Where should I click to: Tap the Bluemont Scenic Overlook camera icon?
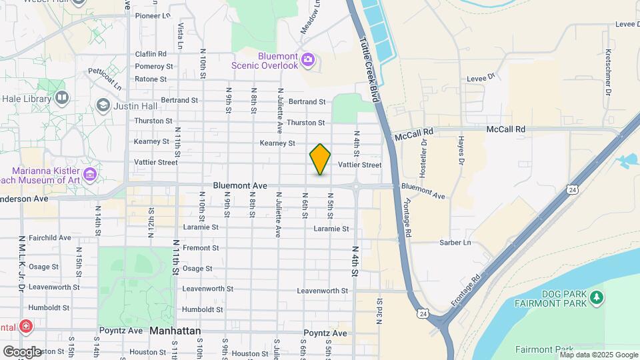coord(307,60)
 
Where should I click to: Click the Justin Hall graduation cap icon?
coord(103,105)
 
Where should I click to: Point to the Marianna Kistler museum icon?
coord(90,175)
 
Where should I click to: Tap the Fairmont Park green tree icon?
coord(597,295)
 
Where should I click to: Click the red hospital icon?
coord(25,327)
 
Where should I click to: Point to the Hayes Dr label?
coord(460,150)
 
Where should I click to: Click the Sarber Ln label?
coord(455,243)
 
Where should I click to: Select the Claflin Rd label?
coord(150,54)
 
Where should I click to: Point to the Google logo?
coord(22,351)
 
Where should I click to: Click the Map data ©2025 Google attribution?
coord(599,355)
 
